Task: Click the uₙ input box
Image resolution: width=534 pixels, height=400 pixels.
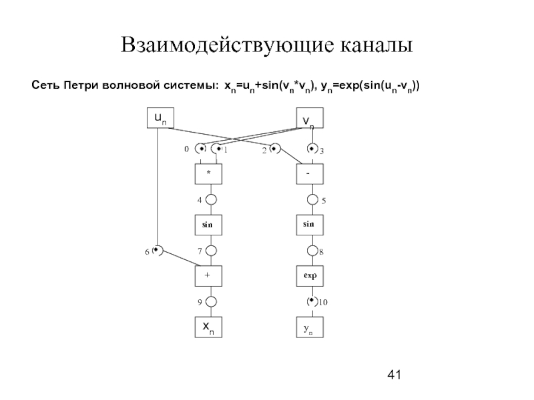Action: click(x=160, y=118)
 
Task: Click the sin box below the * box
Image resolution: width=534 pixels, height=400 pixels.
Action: click(x=208, y=225)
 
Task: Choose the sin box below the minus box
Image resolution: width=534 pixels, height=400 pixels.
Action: click(x=310, y=225)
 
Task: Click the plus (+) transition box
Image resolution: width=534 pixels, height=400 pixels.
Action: click(x=208, y=275)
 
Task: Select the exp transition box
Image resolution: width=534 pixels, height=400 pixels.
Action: click(x=310, y=275)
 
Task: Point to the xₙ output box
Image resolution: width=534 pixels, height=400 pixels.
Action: click(x=208, y=327)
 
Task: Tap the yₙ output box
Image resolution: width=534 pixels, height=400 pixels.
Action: click(x=310, y=327)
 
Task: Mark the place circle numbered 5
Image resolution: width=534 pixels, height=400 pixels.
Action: click(x=311, y=199)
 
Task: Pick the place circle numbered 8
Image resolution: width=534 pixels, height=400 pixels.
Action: click(x=311, y=251)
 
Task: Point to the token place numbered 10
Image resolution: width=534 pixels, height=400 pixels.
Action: click(x=311, y=301)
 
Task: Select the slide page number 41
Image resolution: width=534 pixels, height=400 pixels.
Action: click(x=394, y=375)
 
